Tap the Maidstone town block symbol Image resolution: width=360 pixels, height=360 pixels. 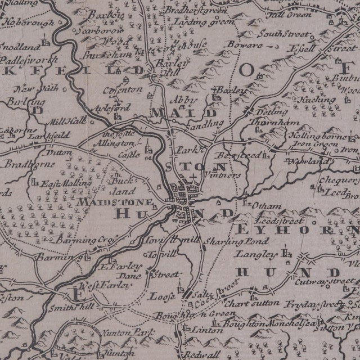(183, 196)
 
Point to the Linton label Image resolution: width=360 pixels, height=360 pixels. (206, 330)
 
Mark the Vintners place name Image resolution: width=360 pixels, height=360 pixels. (223, 175)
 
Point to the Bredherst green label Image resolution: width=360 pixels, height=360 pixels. (192, 11)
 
